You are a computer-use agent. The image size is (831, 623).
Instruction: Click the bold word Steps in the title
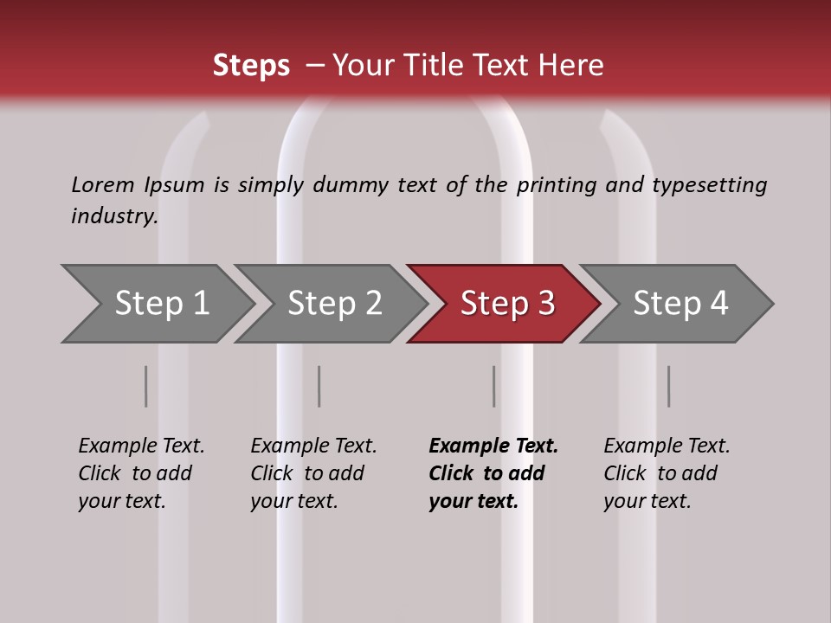[x=251, y=66]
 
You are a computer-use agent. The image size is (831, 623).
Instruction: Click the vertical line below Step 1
[x=146, y=386]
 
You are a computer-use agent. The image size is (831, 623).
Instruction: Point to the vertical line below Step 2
[x=319, y=386]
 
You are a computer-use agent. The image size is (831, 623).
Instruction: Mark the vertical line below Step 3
[x=493, y=386]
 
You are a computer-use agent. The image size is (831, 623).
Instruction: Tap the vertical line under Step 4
[x=668, y=386]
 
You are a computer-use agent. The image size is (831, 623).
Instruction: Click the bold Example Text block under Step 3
[x=493, y=473]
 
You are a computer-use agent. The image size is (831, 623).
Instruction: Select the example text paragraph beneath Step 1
[x=141, y=473]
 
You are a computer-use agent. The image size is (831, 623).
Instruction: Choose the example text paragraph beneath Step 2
[x=313, y=473]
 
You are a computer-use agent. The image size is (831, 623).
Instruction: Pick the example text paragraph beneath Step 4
[x=667, y=473]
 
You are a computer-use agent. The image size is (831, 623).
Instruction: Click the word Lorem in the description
[x=103, y=185]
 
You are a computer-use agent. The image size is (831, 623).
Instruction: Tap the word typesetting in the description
[x=709, y=185]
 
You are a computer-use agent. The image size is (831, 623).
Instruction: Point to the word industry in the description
[x=114, y=216]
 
